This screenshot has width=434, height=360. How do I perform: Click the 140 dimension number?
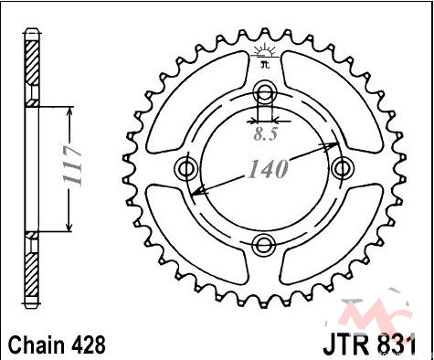(268, 169)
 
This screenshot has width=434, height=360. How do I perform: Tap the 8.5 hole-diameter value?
(266, 134)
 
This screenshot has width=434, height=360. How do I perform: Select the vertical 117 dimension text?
(72, 166)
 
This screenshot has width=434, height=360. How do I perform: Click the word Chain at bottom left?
(35, 345)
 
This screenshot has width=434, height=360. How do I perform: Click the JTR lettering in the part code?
(345, 345)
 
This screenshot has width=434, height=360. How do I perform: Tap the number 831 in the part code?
(396, 345)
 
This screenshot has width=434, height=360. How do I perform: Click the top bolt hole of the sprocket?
(265, 91)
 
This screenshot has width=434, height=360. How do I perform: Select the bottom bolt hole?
(264, 245)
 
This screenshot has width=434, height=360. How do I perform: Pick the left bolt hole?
(186, 168)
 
